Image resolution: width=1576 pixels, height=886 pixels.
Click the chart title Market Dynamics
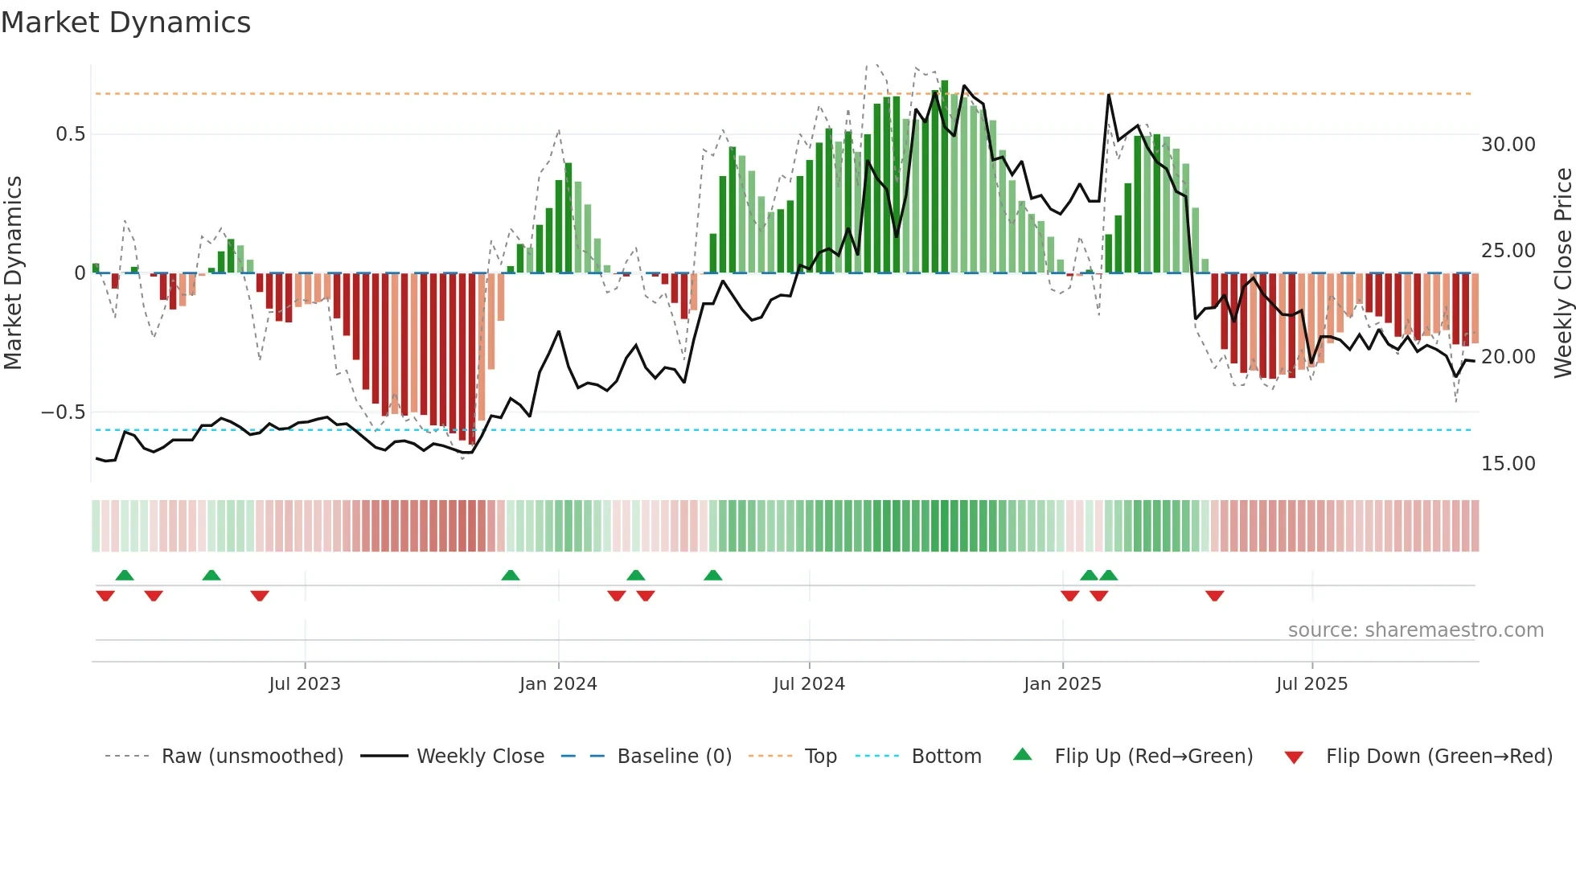point(125,23)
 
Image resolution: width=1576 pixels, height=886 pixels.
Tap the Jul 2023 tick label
point(305,684)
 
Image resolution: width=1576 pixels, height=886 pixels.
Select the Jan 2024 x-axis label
point(558,684)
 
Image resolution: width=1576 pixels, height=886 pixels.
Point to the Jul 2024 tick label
point(809,684)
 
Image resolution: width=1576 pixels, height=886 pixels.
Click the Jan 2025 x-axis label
point(1062,684)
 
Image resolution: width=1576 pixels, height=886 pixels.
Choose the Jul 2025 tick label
point(1311,684)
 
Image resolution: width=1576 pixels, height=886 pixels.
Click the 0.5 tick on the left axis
point(71,134)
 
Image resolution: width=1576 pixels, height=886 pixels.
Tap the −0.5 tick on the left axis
point(64,412)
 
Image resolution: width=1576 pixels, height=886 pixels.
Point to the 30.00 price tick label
point(1508,145)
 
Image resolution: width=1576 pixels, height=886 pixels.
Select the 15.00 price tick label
point(1508,464)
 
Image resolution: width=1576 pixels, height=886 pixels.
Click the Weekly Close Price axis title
point(1563,273)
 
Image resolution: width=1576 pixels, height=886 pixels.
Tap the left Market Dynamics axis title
point(13,273)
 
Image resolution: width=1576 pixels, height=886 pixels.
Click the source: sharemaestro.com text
point(1415,630)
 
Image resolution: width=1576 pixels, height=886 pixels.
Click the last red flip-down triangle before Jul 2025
point(1214,596)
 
